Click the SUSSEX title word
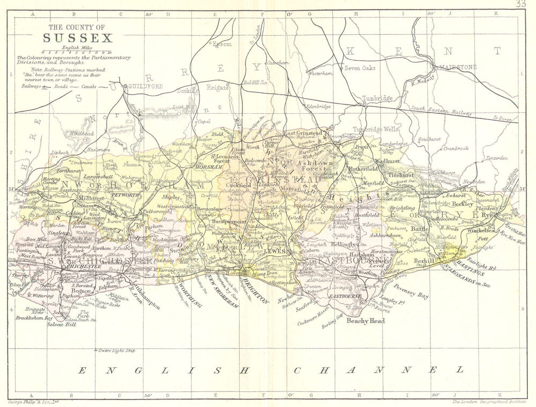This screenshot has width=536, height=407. point(78,38)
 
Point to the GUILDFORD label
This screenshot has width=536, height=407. point(145,86)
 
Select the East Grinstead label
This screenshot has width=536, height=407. point(303,133)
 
